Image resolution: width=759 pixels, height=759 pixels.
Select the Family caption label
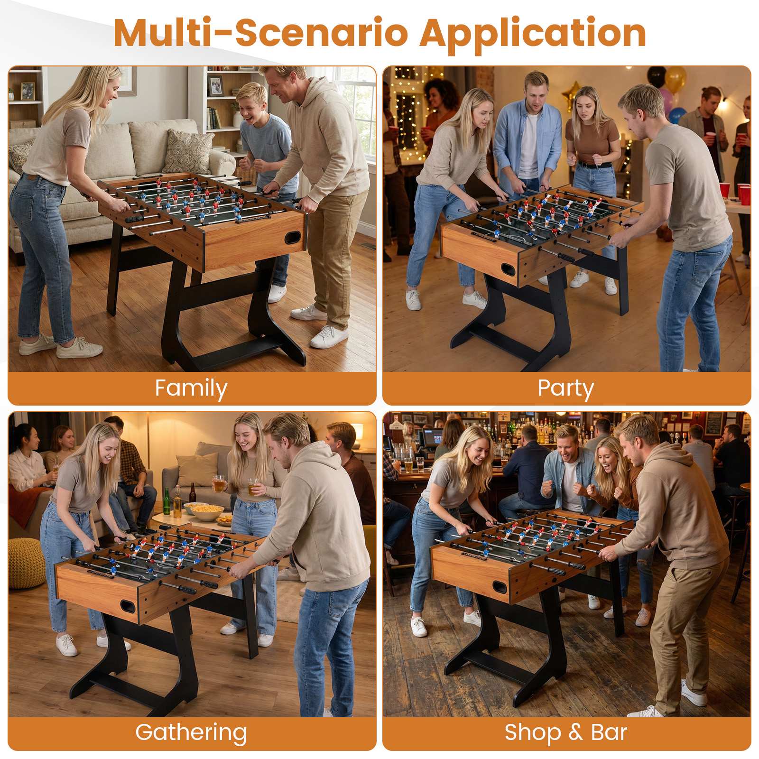click(x=191, y=389)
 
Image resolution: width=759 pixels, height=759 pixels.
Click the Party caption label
click(x=565, y=389)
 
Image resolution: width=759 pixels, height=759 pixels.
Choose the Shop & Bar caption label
click(x=566, y=732)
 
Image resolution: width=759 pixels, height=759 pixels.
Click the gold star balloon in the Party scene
click(x=572, y=94)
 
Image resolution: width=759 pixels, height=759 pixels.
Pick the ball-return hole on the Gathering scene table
click(x=128, y=606)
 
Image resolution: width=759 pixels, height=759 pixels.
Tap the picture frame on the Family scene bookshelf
click(x=216, y=86)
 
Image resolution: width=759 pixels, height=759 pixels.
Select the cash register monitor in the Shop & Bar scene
click(x=434, y=437)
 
